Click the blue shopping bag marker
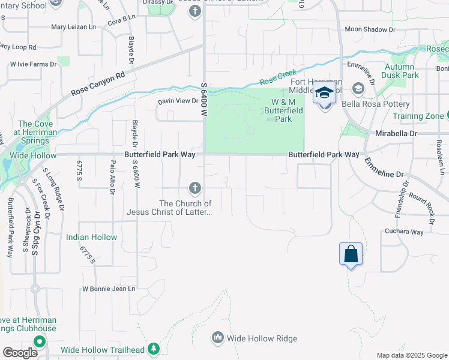click(x=351, y=254)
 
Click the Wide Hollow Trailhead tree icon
click(x=154, y=348)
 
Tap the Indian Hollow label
click(x=91, y=237)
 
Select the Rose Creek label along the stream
click(x=278, y=78)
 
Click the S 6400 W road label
click(x=204, y=100)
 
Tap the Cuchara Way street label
click(x=405, y=232)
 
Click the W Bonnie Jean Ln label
click(x=109, y=289)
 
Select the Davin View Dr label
click(x=178, y=101)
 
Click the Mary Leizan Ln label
click(x=73, y=27)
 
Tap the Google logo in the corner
click(x=20, y=353)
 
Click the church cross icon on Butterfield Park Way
click(x=194, y=188)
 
